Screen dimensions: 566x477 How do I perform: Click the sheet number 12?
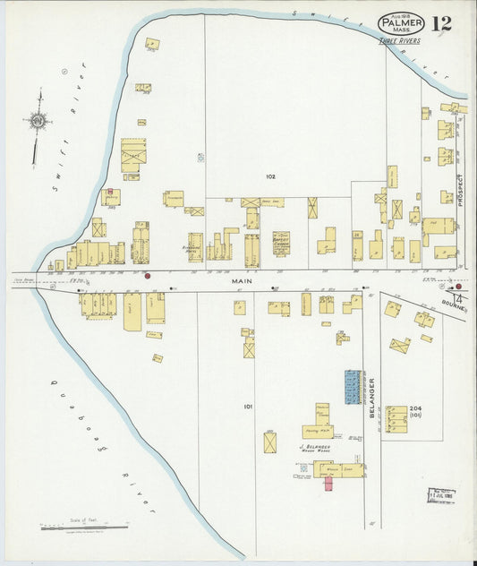click(440, 24)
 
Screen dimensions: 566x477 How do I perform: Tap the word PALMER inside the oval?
click(400, 21)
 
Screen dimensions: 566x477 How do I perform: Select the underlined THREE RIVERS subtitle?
click(398, 40)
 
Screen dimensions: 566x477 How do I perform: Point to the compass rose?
click(38, 120)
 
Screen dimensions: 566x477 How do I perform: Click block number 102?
click(270, 176)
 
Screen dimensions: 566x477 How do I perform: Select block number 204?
click(415, 408)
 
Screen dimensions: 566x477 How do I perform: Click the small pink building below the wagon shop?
click(328, 483)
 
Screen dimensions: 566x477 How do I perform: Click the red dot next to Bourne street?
click(458, 287)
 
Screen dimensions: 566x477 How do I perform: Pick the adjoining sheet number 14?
click(458, 298)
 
